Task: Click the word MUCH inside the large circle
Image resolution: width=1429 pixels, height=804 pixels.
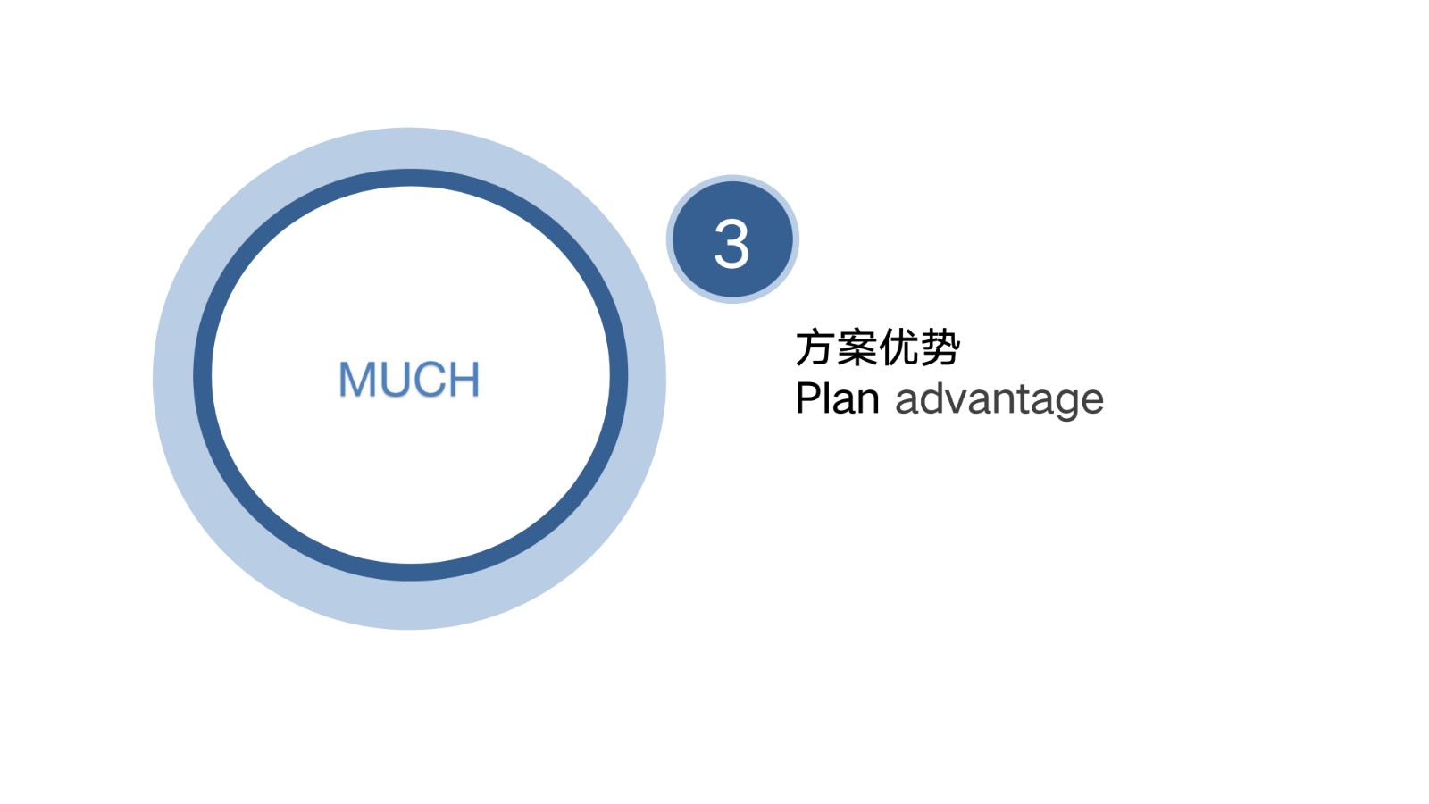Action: [x=409, y=379]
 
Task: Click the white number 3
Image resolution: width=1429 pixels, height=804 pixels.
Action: [x=731, y=244]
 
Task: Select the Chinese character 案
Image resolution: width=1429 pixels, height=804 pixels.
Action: [x=857, y=348]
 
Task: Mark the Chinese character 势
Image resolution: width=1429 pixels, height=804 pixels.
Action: [x=940, y=348]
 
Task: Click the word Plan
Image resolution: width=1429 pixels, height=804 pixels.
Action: [x=838, y=398]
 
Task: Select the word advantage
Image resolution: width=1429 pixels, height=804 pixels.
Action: [x=999, y=401]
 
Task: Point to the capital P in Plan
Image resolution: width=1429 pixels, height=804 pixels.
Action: [x=808, y=398]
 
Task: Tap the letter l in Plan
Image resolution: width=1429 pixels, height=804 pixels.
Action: [x=829, y=398]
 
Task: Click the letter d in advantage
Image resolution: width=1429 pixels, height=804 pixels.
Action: [x=931, y=398]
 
